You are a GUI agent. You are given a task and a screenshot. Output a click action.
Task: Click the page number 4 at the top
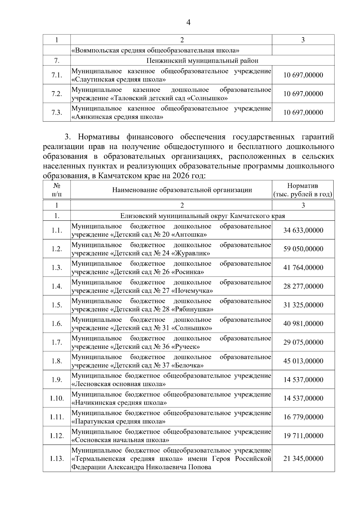click(188, 22)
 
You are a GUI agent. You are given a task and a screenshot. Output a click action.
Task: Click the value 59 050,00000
click(303, 249)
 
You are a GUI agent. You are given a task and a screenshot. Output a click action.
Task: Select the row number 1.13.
click(57, 459)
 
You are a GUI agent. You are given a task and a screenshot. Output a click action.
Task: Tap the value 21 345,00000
click(303, 459)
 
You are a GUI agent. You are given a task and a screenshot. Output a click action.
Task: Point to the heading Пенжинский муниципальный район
click(202, 61)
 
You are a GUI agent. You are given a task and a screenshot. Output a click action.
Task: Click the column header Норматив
click(302, 186)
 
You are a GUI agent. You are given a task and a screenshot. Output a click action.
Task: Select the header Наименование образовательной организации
click(182, 190)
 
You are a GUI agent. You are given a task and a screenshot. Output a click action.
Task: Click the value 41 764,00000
click(303, 268)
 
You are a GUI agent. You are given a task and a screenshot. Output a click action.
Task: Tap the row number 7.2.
click(57, 94)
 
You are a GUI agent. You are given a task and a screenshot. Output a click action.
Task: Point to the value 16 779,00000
click(303, 417)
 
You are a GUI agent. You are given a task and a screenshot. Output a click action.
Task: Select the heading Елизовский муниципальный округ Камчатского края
click(202, 216)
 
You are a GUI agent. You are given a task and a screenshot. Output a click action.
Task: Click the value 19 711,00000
click(303, 436)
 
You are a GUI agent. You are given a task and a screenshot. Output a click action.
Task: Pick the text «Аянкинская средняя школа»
click(117, 117)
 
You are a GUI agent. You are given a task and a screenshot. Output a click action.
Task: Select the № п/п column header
click(57, 190)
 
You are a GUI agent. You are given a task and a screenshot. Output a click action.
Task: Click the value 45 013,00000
click(303, 361)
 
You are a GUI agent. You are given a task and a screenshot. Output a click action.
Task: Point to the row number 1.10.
click(57, 399)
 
